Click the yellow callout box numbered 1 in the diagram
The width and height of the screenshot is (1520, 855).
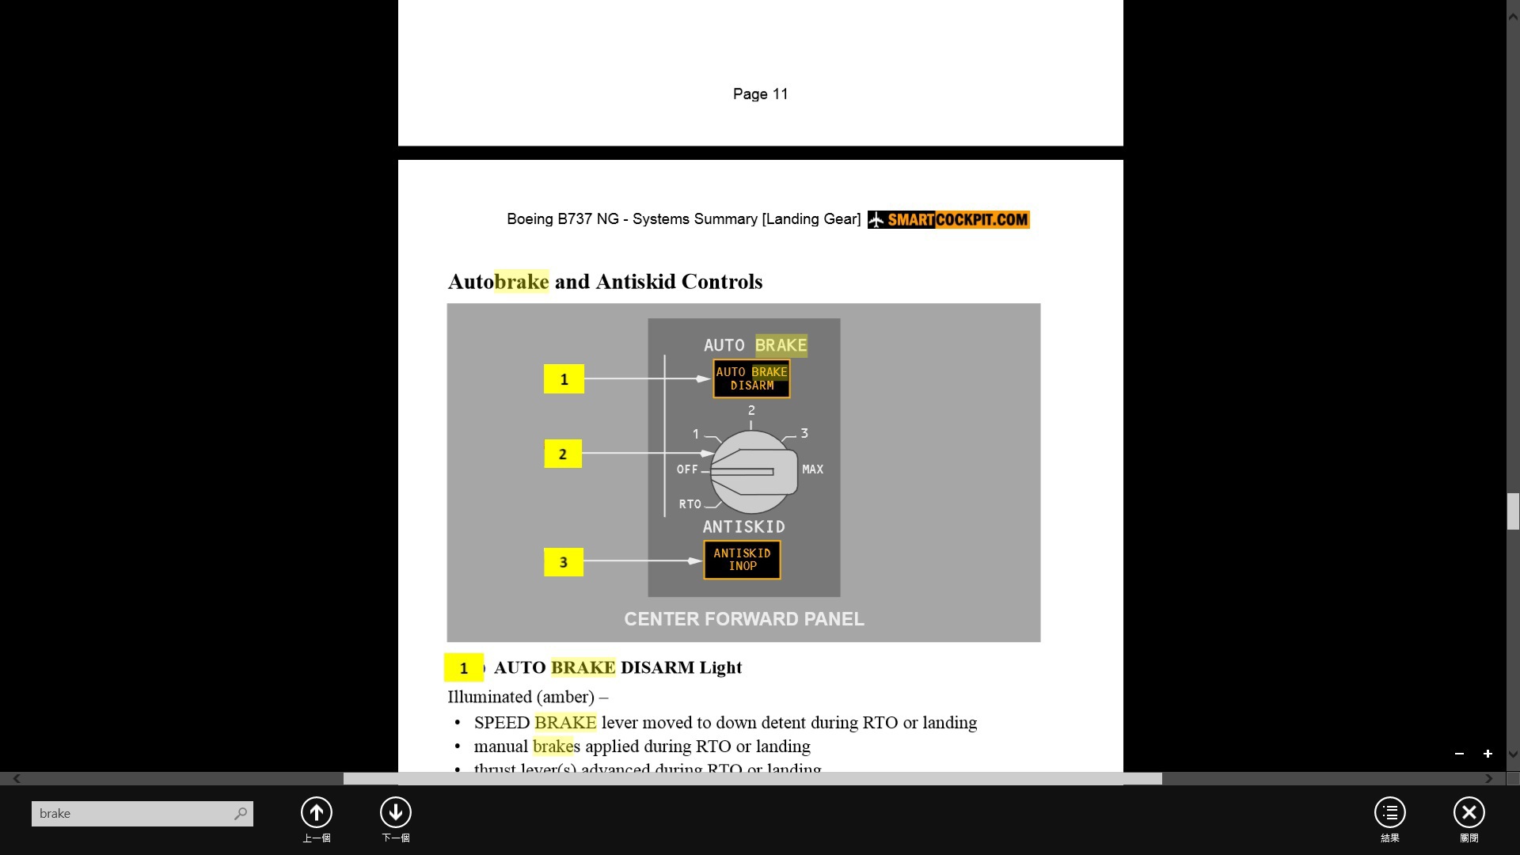[564, 379]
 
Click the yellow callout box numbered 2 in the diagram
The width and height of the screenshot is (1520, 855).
[563, 454]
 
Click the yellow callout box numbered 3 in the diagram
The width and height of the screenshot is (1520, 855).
[564, 562]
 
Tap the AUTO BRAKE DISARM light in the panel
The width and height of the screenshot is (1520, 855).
[751, 378]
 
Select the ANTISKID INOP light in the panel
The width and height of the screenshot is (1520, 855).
[742, 560]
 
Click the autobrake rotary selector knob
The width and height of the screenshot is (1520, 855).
[753, 472]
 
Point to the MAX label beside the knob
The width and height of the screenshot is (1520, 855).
[812, 469]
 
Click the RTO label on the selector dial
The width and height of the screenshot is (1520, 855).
[690, 504]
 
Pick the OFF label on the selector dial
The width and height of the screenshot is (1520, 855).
[687, 469]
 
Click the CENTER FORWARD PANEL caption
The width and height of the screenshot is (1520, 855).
[743, 619]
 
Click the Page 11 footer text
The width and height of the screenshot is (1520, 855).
[760, 94]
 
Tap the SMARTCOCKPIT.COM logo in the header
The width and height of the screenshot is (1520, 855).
[948, 219]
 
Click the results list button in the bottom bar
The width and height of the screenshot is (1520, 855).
[1389, 812]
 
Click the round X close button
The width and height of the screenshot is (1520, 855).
[1469, 812]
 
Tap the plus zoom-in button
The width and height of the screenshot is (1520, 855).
[1488, 754]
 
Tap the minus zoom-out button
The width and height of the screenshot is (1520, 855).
[1459, 754]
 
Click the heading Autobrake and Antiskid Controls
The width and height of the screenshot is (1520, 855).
[605, 282]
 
